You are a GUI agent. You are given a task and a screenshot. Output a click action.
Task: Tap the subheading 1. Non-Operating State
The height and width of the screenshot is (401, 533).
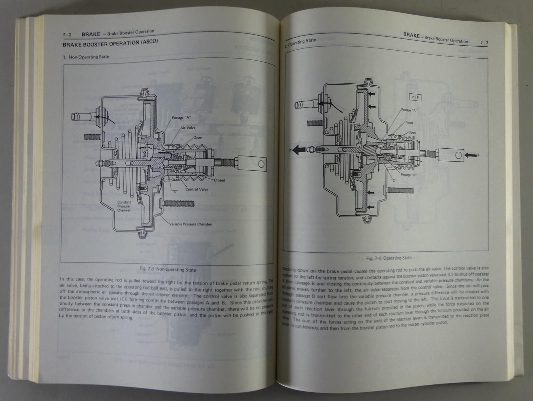[x=86, y=57]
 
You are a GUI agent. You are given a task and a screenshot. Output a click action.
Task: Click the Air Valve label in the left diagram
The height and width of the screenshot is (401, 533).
[x=188, y=128]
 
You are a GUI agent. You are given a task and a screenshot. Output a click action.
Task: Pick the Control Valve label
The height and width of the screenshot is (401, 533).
[x=197, y=189]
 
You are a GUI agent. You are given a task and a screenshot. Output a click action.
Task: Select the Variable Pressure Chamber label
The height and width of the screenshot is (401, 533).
[x=190, y=224]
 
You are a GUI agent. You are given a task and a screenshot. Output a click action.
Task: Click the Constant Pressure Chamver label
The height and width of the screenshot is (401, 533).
[x=124, y=206]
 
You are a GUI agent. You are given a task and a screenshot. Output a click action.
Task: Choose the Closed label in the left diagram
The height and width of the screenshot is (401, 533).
[x=220, y=180]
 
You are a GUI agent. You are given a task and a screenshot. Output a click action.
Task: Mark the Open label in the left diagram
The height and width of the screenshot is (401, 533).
[x=198, y=138]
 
